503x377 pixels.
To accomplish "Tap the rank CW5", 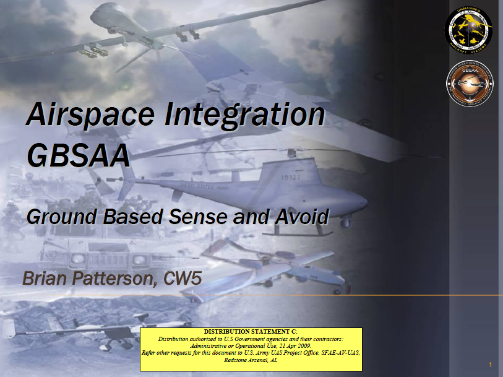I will click(x=183, y=278).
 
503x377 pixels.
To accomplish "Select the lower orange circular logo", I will click(x=468, y=85).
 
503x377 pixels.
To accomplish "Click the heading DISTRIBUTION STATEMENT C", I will click(x=254, y=332).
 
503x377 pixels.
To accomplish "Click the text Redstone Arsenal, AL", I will click(x=254, y=360).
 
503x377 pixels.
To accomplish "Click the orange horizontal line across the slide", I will click(x=371, y=295).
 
